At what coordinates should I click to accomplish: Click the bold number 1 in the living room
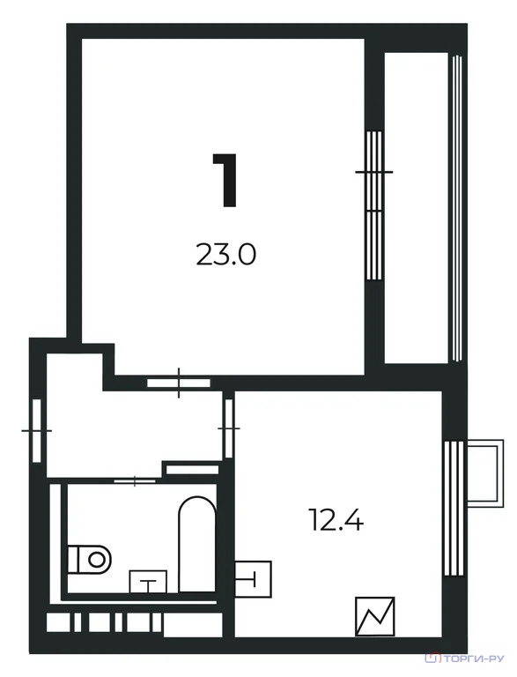pyautogui.click(x=225, y=180)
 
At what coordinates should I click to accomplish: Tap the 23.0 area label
pyautogui.click(x=226, y=254)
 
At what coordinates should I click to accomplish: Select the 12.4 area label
pyautogui.click(x=336, y=520)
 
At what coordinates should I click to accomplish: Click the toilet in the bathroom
pyautogui.click(x=90, y=560)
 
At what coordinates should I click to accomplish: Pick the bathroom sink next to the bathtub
pyautogui.click(x=148, y=582)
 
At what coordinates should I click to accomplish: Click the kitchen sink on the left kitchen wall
pyautogui.click(x=253, y=578)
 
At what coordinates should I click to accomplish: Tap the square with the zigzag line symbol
pyautogui.click(x=375, y=616)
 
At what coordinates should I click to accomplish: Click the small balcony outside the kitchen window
pyautogui.click(x=485, y=474)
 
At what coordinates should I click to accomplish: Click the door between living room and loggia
pyautogui.click(x=374, y=206)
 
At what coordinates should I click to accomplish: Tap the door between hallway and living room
pyautogui.click(x=179, y=383)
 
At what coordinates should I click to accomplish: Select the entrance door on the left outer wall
pyautogui.click(x=37, y=430)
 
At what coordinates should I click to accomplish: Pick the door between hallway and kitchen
pyautogui.click(x=229, y=428)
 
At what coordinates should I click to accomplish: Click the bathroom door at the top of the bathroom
pyautogui.click(x=135, y=480)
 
